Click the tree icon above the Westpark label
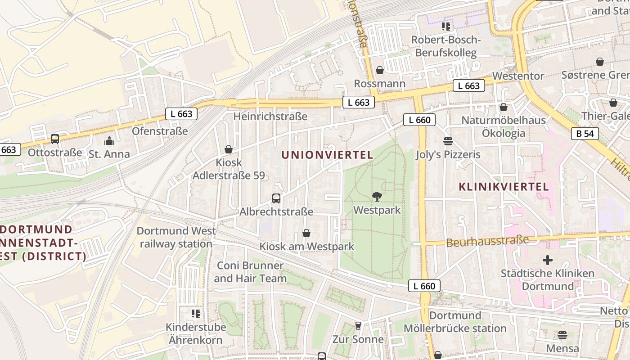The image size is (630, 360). pos(377,196)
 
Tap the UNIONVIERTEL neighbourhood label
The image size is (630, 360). pos(327,155)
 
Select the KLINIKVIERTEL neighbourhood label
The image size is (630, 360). pos(504,187)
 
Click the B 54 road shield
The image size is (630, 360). pos(585,134)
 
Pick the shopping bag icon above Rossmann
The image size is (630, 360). pos(380,70)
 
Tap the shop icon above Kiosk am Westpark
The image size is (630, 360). pos(306,233)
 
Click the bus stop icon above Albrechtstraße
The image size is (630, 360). pos(276,198)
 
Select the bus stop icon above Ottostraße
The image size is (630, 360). pos(55,139)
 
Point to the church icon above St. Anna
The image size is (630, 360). pos(109,141)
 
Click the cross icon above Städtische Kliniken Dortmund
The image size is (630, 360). pos(548,260)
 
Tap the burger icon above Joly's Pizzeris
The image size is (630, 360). pos(448,141)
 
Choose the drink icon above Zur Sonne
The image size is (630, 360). pos(358,325)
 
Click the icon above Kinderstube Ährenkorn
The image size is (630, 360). pos(195,313)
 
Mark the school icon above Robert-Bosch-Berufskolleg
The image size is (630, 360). pos(445,27)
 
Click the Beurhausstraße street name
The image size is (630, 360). pos(487,241)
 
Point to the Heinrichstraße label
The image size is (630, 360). pos(270,116)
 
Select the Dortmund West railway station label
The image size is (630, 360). pos(176,237)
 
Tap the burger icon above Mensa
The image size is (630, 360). pos(562,335)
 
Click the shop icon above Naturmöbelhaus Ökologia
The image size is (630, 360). pos(504,107)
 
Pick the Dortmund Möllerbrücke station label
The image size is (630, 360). pos(455,322)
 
